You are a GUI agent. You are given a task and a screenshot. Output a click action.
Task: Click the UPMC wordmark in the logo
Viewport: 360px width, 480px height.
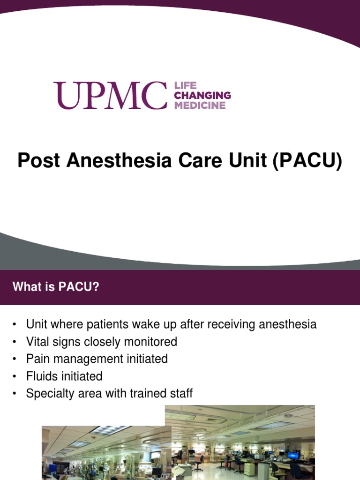110,95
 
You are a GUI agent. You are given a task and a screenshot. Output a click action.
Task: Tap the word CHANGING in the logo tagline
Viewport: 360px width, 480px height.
202,96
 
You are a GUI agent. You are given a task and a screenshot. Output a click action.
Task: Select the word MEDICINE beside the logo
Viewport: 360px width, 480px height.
200,105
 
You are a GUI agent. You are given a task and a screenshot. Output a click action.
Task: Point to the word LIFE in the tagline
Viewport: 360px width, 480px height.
185,86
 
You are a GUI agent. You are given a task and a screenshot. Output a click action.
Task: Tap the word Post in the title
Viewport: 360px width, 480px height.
39,161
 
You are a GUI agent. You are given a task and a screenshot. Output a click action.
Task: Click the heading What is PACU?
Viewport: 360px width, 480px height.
56,287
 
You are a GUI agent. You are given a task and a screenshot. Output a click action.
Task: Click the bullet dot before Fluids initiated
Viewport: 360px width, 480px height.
15,376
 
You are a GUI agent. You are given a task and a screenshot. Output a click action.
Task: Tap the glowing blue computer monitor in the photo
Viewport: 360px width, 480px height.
293,455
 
